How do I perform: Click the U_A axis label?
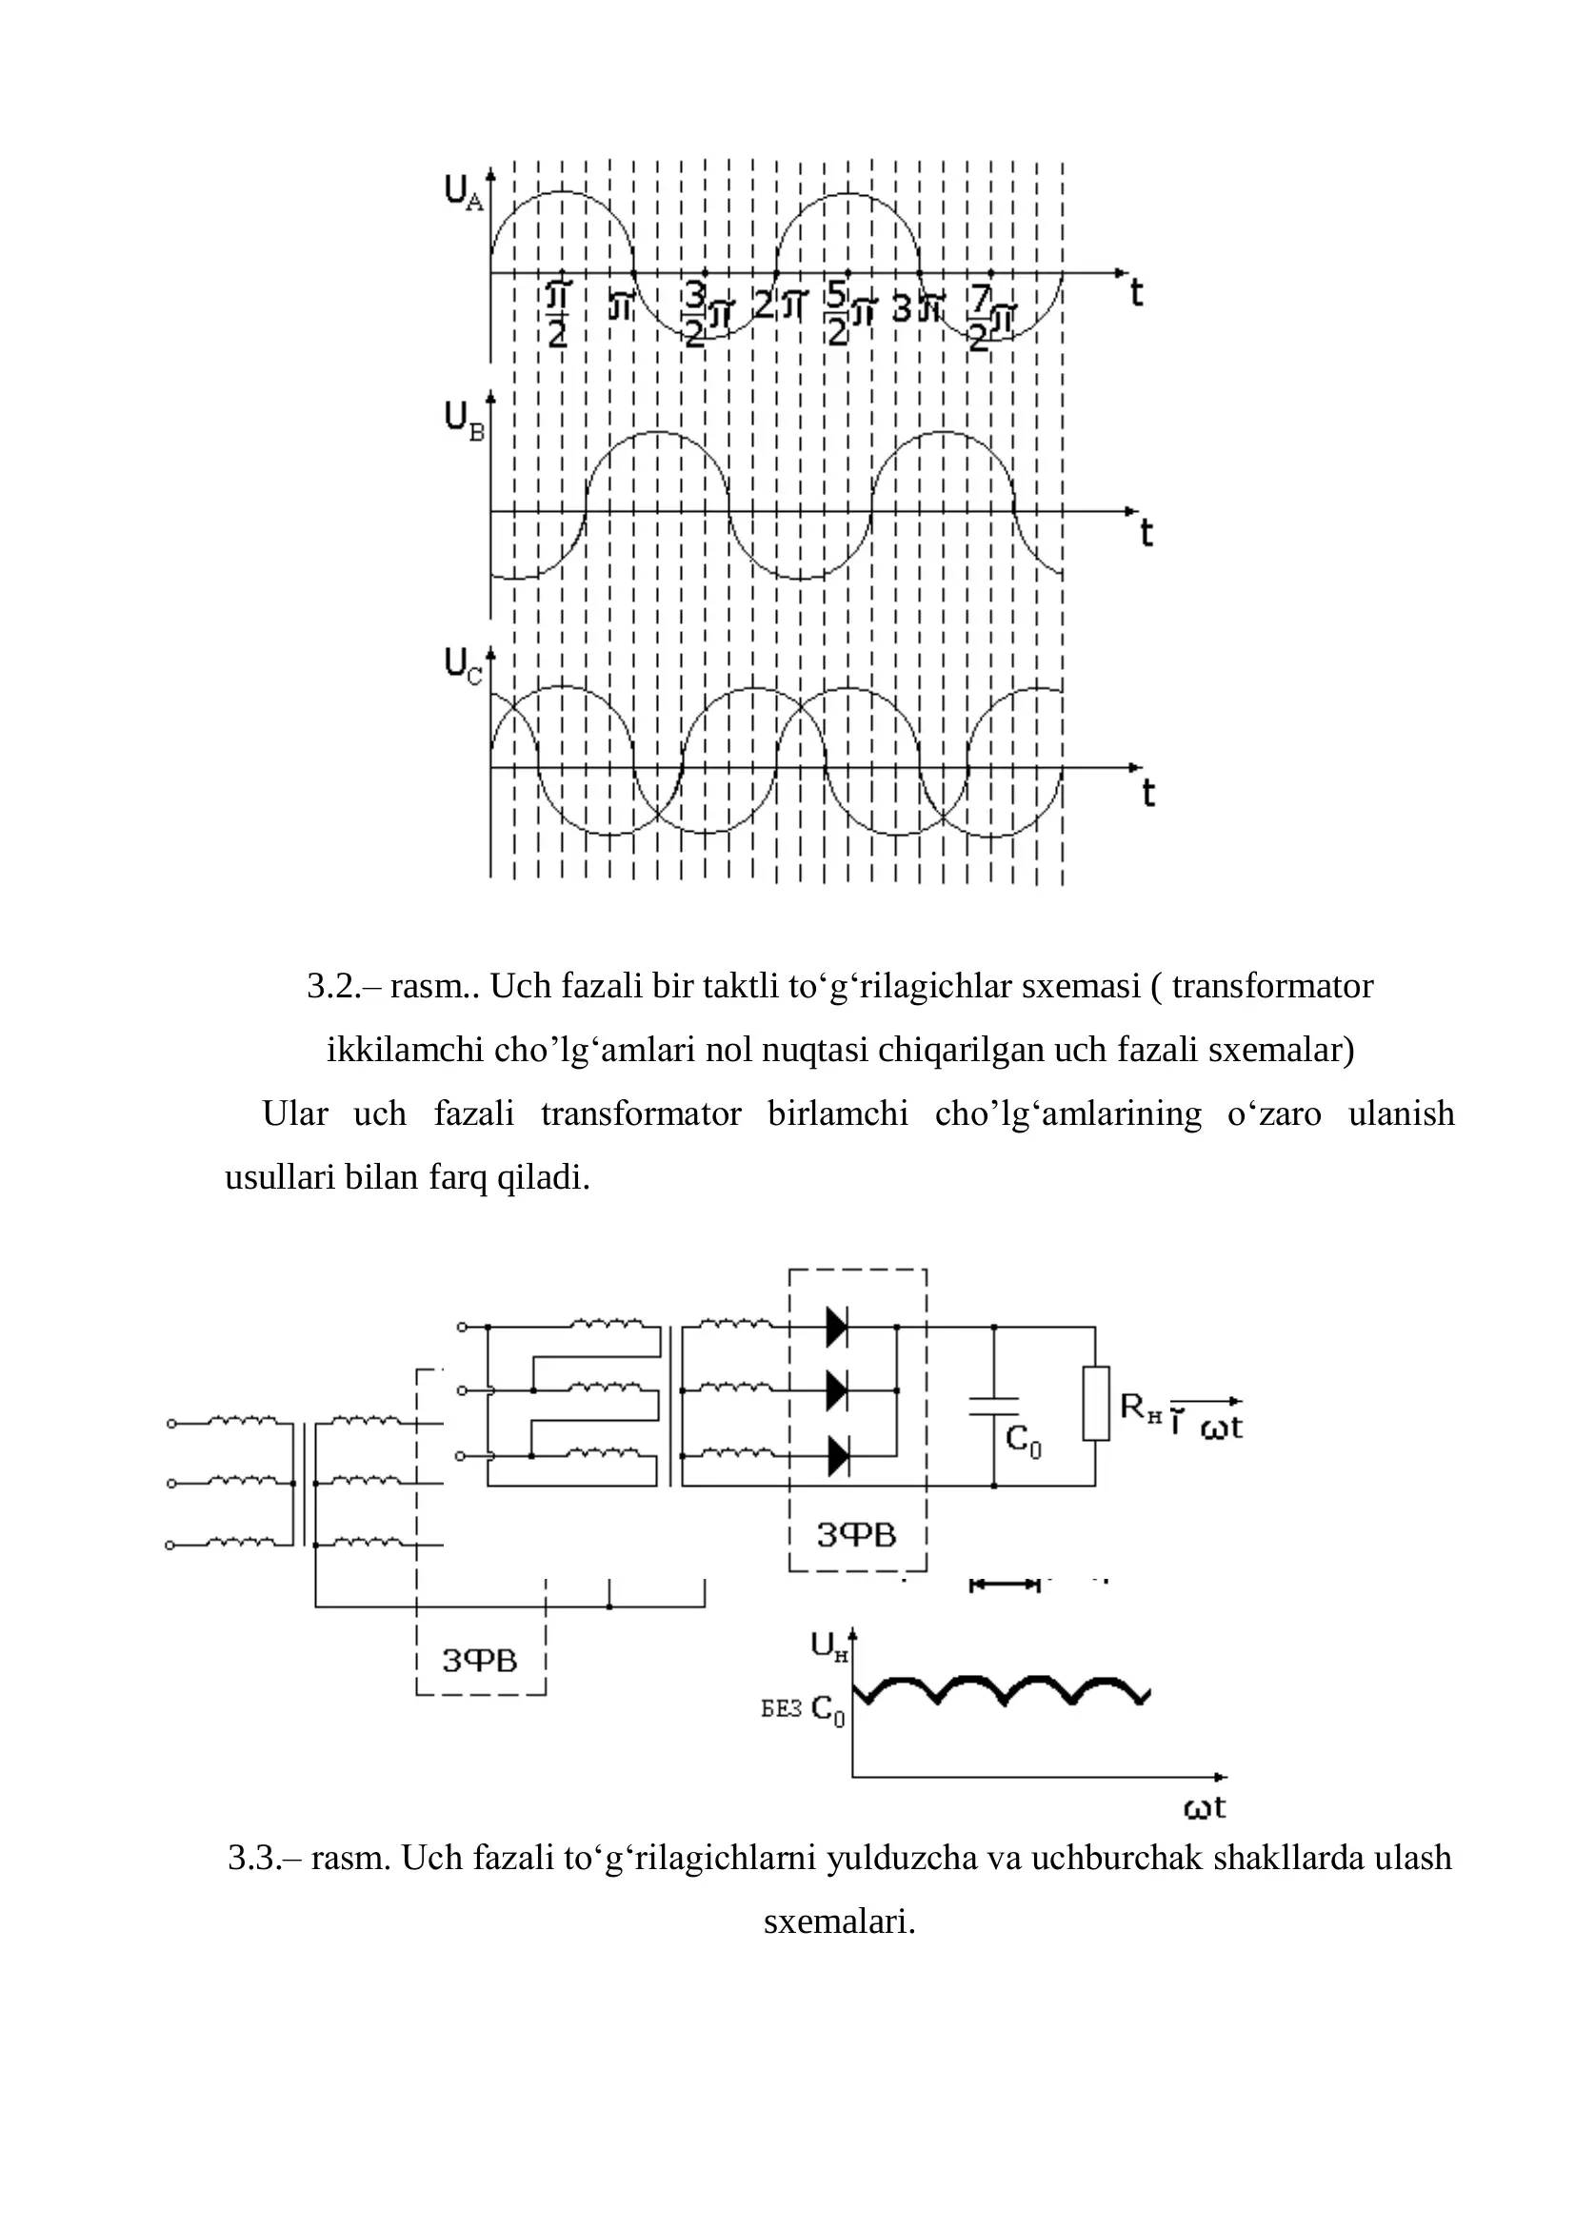coord(463,191)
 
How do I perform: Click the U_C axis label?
coord(463,668)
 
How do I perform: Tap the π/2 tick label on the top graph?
coord(559,314)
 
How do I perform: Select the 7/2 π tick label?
coord(992,318)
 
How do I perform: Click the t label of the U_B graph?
coord(1146,533)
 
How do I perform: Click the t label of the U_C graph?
coord(1148,793)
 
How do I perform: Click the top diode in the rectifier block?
coord(837,1327)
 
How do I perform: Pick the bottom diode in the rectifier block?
coord(837,1456)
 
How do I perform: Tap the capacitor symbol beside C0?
coord(993,1407)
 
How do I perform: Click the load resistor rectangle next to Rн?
coord(1096,1404)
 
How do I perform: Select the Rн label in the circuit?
coord(1142,1407)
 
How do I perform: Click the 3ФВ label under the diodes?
coord(856,1535)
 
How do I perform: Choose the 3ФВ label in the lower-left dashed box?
coord(480,1661)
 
